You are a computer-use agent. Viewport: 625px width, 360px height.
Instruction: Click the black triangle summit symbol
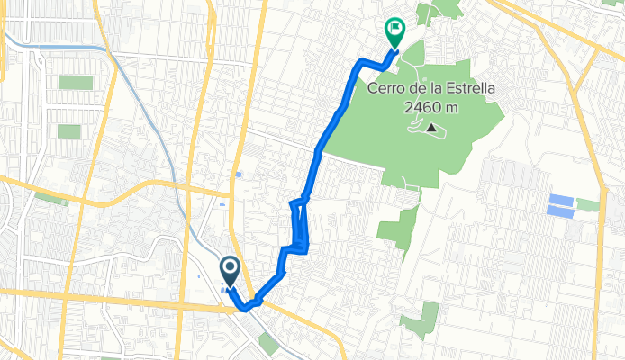432,129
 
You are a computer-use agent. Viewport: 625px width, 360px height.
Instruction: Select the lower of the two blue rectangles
560,211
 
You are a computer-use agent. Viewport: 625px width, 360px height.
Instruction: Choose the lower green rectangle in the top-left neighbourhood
69,130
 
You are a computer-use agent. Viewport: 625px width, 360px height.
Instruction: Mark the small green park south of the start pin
268,343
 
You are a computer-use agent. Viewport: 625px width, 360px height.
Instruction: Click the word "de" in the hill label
420,91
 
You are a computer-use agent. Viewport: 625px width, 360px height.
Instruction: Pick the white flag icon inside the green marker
394,29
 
